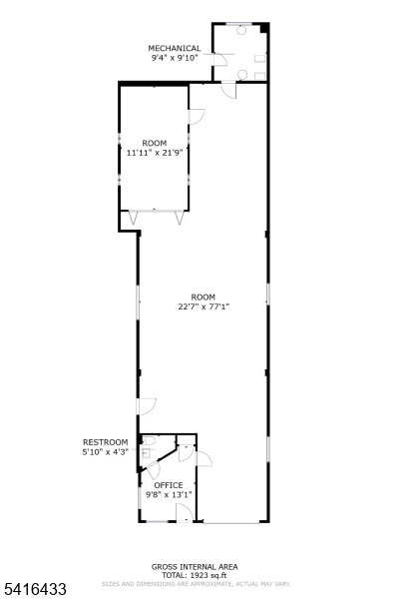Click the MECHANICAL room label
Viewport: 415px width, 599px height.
tap(175, 48)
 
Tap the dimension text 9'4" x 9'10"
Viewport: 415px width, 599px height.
tap(175, 58)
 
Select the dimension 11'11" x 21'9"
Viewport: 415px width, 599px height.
tap(155, 153)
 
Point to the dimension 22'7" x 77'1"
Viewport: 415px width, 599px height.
tap(204, 306)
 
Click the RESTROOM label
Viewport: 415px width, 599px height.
tap(105, 442)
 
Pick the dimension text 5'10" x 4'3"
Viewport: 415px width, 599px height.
tap(105, 452)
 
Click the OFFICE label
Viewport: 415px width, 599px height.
tap(168, 485)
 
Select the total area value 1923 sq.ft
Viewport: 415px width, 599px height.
tap(208, 575)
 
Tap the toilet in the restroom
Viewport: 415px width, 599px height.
tap(147, 452)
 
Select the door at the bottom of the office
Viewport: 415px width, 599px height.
tap(185, 513)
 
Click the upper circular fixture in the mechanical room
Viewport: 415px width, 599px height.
tap(242, 30)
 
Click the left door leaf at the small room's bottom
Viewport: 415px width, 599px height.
tap(132, 216)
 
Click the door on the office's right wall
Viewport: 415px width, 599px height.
tap(203, 458)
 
